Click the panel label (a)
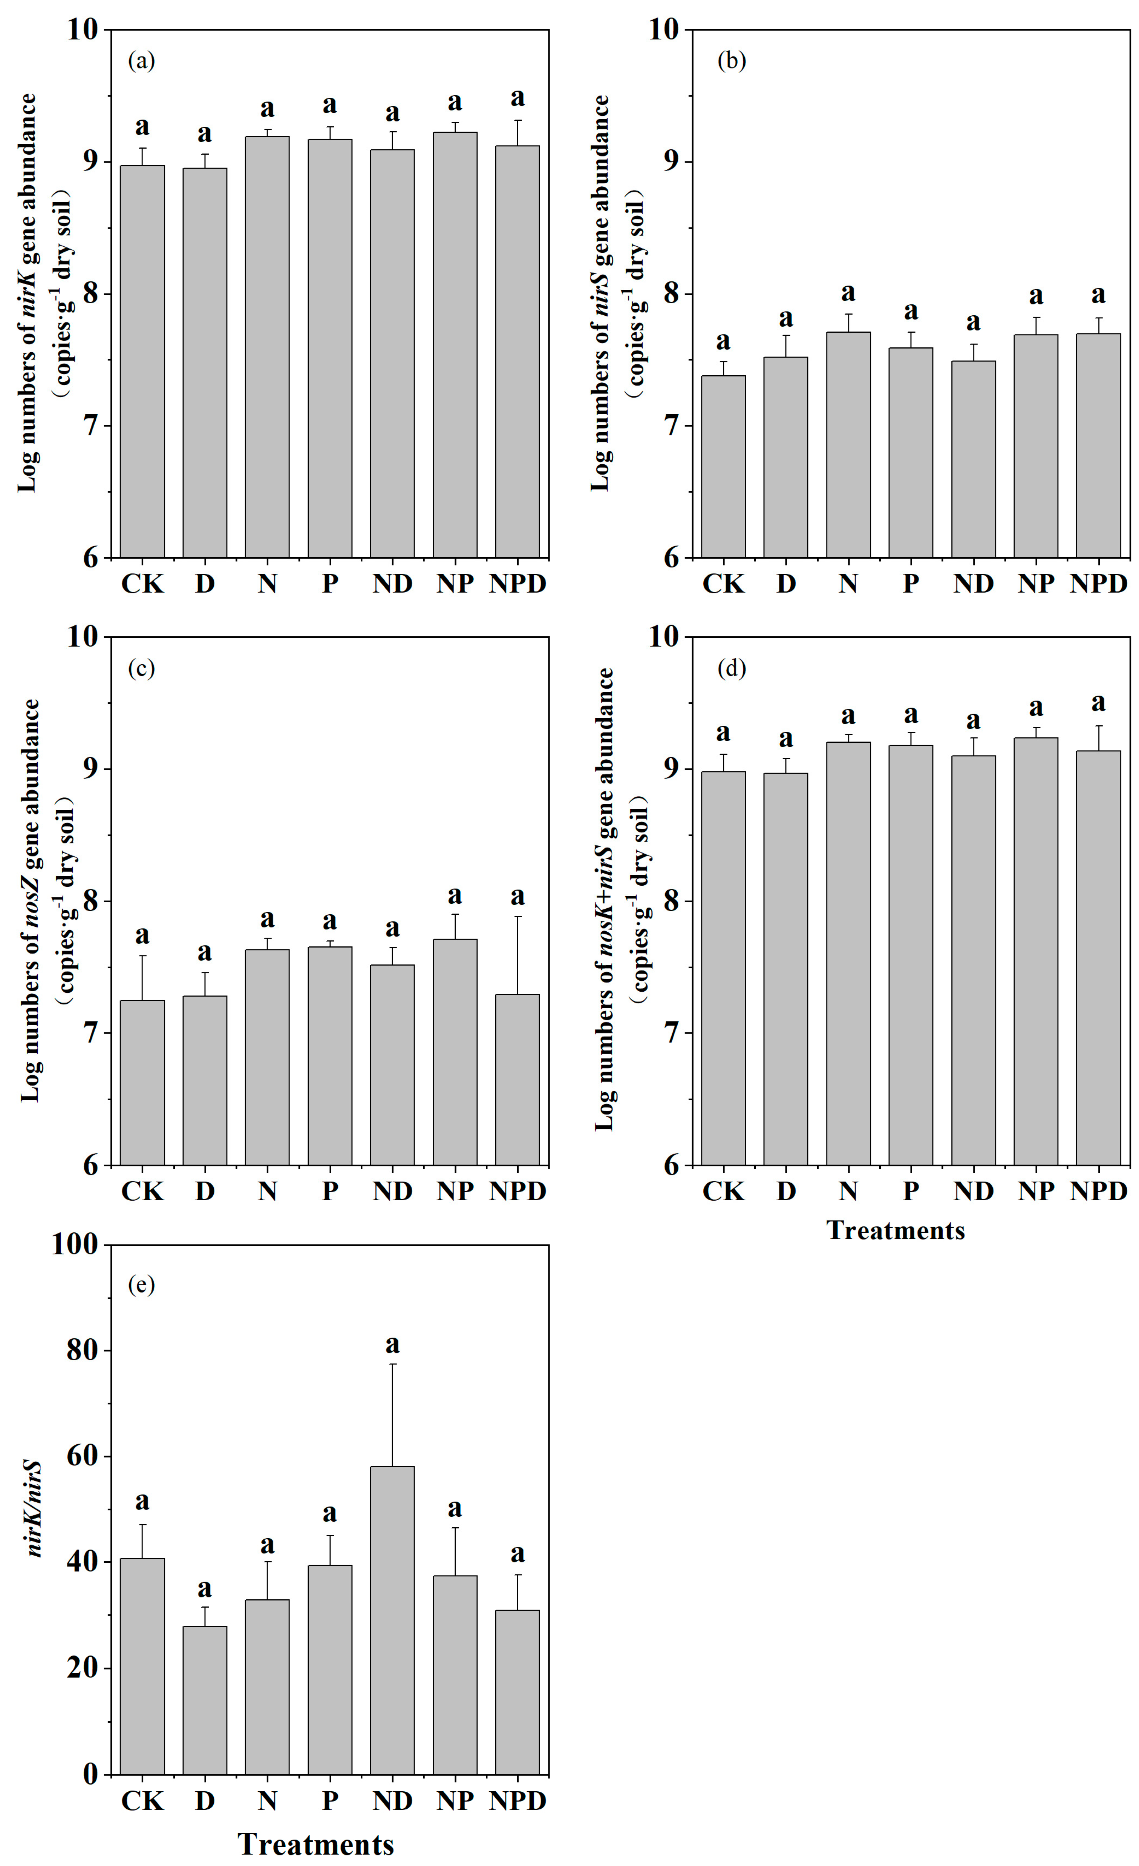coord(141,61)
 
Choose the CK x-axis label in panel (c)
coord(142,1191)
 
